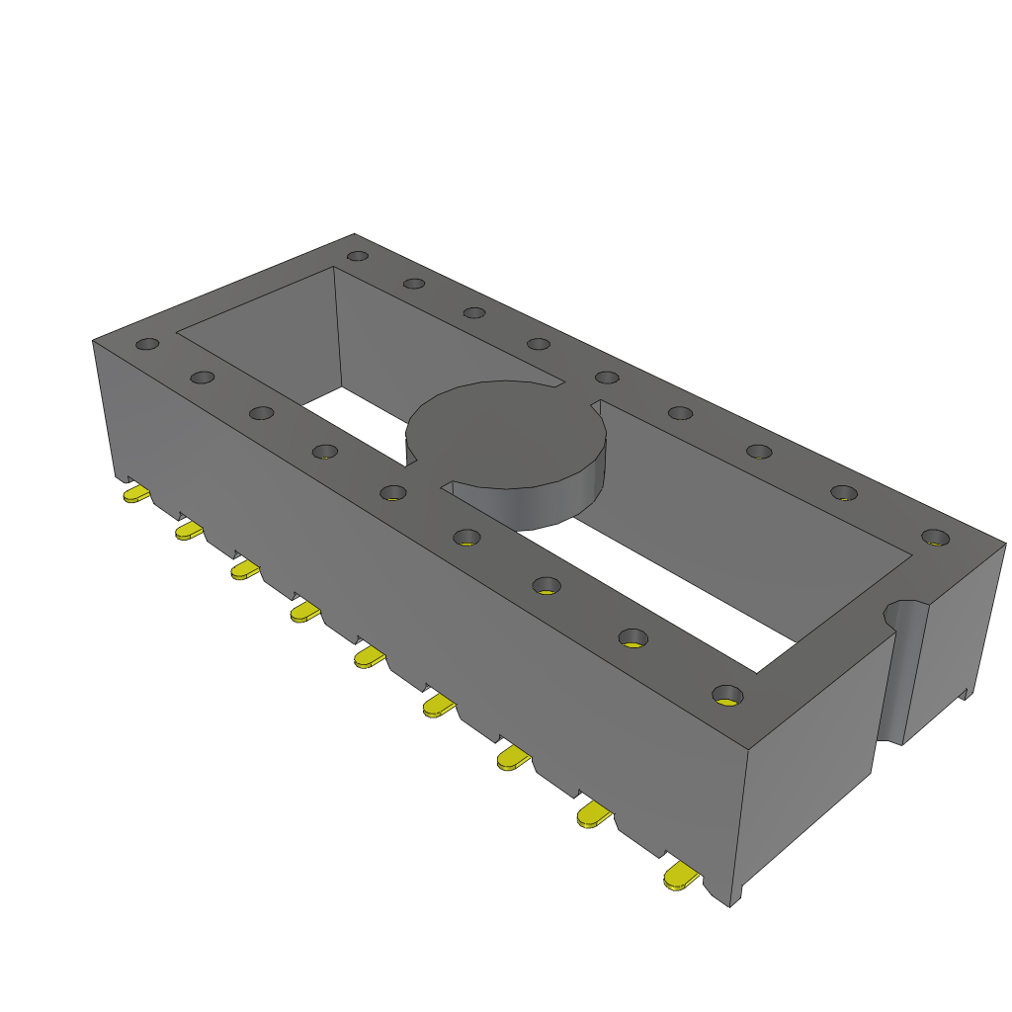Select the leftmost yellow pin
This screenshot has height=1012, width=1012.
pos(136,493)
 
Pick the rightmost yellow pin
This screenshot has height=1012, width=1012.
pos(680,877)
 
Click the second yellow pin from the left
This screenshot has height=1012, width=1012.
pos(188,532)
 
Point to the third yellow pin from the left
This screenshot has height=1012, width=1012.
pos(245,570)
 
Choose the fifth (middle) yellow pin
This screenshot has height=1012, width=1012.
pos(369,657)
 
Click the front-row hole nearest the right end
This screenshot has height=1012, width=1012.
pos(727,694)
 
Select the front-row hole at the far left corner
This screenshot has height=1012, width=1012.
pos(147,344)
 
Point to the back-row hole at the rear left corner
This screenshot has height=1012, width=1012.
pos(358,256)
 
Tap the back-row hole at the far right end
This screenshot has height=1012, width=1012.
pos(934,538)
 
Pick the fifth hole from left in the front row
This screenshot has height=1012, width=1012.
pos(393,492)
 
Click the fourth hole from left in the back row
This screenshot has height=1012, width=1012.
pos(538,344)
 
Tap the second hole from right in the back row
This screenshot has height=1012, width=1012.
pos(842,492)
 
